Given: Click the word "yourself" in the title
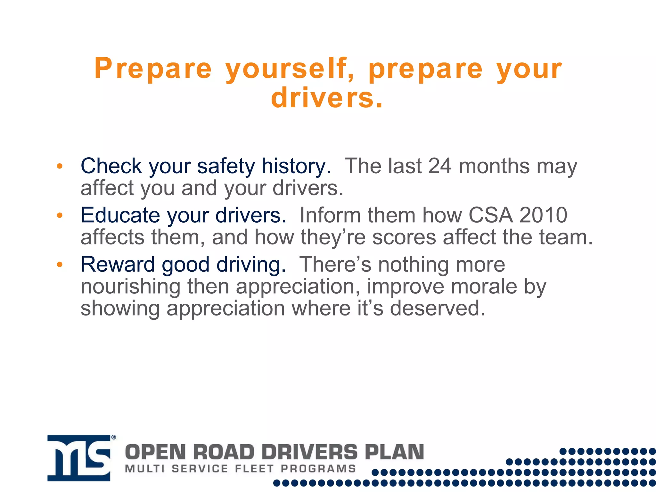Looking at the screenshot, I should tap(290, 69).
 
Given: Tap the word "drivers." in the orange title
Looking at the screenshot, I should tap(327, 98).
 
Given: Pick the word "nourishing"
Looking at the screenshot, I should tap(130, 287).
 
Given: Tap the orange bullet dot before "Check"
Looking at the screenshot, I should tap(60, 166).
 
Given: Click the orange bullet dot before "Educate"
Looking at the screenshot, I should tap(60, 215).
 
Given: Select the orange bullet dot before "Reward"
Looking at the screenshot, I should tap(60, 265).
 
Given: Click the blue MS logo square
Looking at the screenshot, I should tap(79, 458).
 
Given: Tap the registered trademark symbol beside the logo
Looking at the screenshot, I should tap(113, 437).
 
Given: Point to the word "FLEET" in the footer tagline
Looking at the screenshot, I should tap(255, 469).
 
